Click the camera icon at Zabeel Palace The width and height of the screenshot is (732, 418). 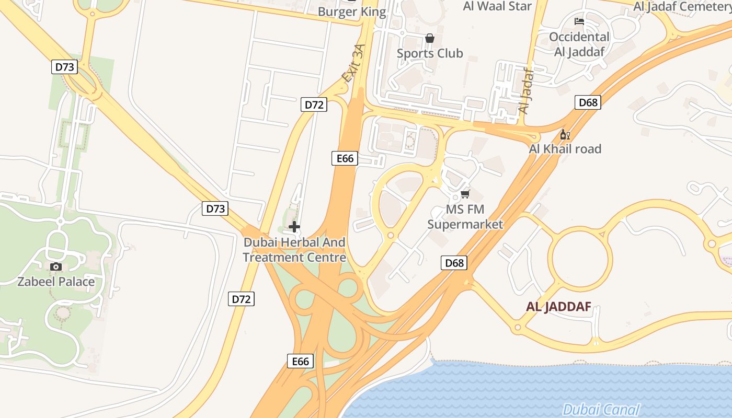pyautogui.click(x=56, y=267)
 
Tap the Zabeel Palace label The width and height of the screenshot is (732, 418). pyautogui.click(x=56, y=282)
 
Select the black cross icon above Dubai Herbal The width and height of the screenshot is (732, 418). pyautogui.click(x=294, y=227)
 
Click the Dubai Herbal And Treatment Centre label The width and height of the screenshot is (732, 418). pyautogui.click(x=294, y=250)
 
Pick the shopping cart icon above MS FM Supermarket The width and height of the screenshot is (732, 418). pyautogui.click(x=465, y=194)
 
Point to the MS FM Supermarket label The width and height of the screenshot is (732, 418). pyautogui.click(x=465, y=217)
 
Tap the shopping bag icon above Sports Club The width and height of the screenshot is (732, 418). pyautogui.click(x=430, y=38)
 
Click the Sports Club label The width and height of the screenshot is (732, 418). pyautogui.click(x=430, y=53)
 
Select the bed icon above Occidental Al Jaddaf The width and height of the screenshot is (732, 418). pyautogui.click(x=579, y=21)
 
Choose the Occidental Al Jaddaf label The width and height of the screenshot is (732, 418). pyautogui.click(x=579, y=44)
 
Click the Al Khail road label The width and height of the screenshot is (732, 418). pyautogui.click(x=565, y=149)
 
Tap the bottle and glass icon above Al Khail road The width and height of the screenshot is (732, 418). pyautogui.click(x=565, y=135)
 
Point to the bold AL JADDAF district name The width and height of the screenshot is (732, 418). pyautogui.click(x=558, y=307)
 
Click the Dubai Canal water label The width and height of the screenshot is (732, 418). pyautogui.click(x=601, y=410)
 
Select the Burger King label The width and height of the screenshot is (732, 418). pyautogui.click(x=352, y=11)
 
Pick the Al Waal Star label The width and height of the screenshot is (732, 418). pyautogui.click(x=497, y=6)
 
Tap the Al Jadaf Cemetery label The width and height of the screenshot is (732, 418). pyautogui.click(x=682, y=6)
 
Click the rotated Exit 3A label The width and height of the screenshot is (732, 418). pyautogui.click(x=353, y=63)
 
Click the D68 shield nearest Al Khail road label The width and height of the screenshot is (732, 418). pyautogui.click(x=588, y=102)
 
